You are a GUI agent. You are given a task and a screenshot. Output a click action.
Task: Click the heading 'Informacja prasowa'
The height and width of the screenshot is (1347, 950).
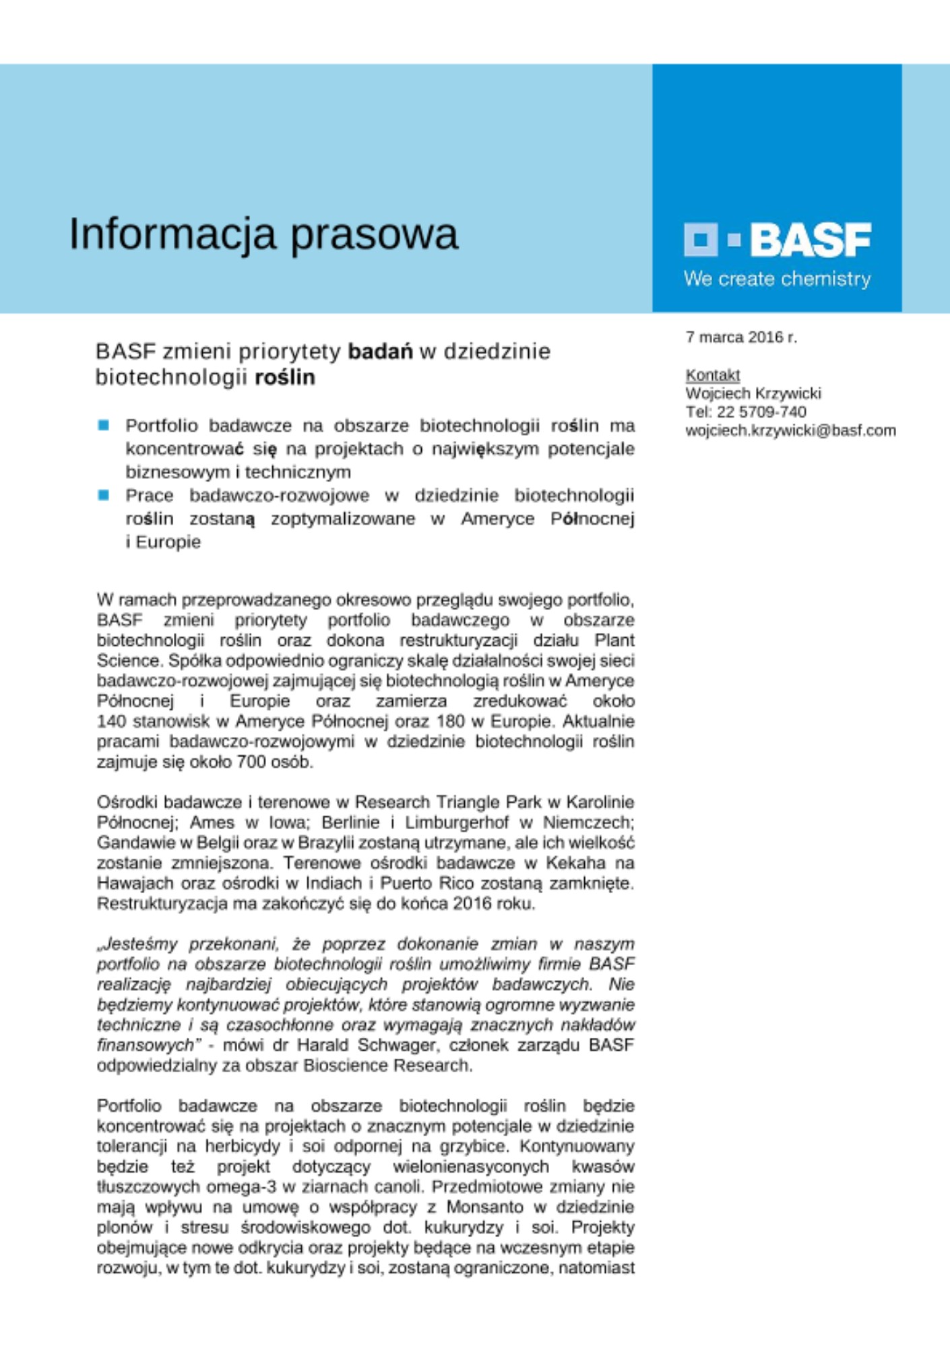tap(263, 234)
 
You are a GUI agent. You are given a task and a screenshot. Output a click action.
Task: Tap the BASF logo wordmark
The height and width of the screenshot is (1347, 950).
tap(811, 240)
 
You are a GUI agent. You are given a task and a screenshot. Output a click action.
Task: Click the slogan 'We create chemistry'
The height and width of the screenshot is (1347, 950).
tap(777, 279)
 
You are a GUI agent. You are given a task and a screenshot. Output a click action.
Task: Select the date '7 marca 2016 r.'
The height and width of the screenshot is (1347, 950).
tap(741, 337)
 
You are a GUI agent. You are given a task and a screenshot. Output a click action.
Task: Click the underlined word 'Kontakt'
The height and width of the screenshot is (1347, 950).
tap(712, 375)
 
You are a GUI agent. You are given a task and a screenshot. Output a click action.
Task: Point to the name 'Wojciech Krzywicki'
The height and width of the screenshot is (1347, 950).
tap(753, 393)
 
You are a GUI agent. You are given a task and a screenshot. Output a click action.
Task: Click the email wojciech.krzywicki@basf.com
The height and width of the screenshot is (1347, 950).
tap(790, 430)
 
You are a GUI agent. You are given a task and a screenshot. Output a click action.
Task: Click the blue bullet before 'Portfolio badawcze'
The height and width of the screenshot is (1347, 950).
tap(104, 425)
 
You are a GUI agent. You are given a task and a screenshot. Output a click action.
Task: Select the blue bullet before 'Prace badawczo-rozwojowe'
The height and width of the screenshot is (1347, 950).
tap(104, 495)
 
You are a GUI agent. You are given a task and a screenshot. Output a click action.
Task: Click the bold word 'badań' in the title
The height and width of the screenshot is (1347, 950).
tap(380, 352)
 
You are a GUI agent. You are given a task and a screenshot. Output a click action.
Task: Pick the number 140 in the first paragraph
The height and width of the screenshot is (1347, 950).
tap(112, 721)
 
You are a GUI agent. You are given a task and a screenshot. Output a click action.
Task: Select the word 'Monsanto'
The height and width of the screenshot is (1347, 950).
tap(484, 1207)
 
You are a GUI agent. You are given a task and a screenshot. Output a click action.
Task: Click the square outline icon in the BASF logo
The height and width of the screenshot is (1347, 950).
tap(701, 240)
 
